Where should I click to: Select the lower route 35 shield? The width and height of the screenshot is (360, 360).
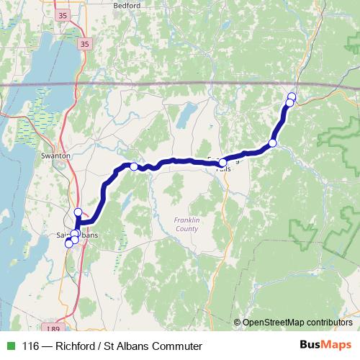86,44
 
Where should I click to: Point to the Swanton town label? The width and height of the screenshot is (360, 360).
55,155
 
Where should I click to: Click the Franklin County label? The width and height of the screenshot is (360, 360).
186,224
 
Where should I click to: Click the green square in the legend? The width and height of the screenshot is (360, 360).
9,346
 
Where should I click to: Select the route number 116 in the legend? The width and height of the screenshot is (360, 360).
31,346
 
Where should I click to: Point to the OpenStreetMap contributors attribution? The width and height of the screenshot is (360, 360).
297,323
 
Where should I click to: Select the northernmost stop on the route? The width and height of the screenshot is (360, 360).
292,96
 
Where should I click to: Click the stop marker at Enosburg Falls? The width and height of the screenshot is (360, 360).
223,162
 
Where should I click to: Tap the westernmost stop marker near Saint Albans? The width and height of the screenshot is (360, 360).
69,243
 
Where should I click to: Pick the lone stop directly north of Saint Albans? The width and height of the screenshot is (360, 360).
78,212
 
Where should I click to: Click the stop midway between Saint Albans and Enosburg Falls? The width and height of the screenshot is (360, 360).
134,167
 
